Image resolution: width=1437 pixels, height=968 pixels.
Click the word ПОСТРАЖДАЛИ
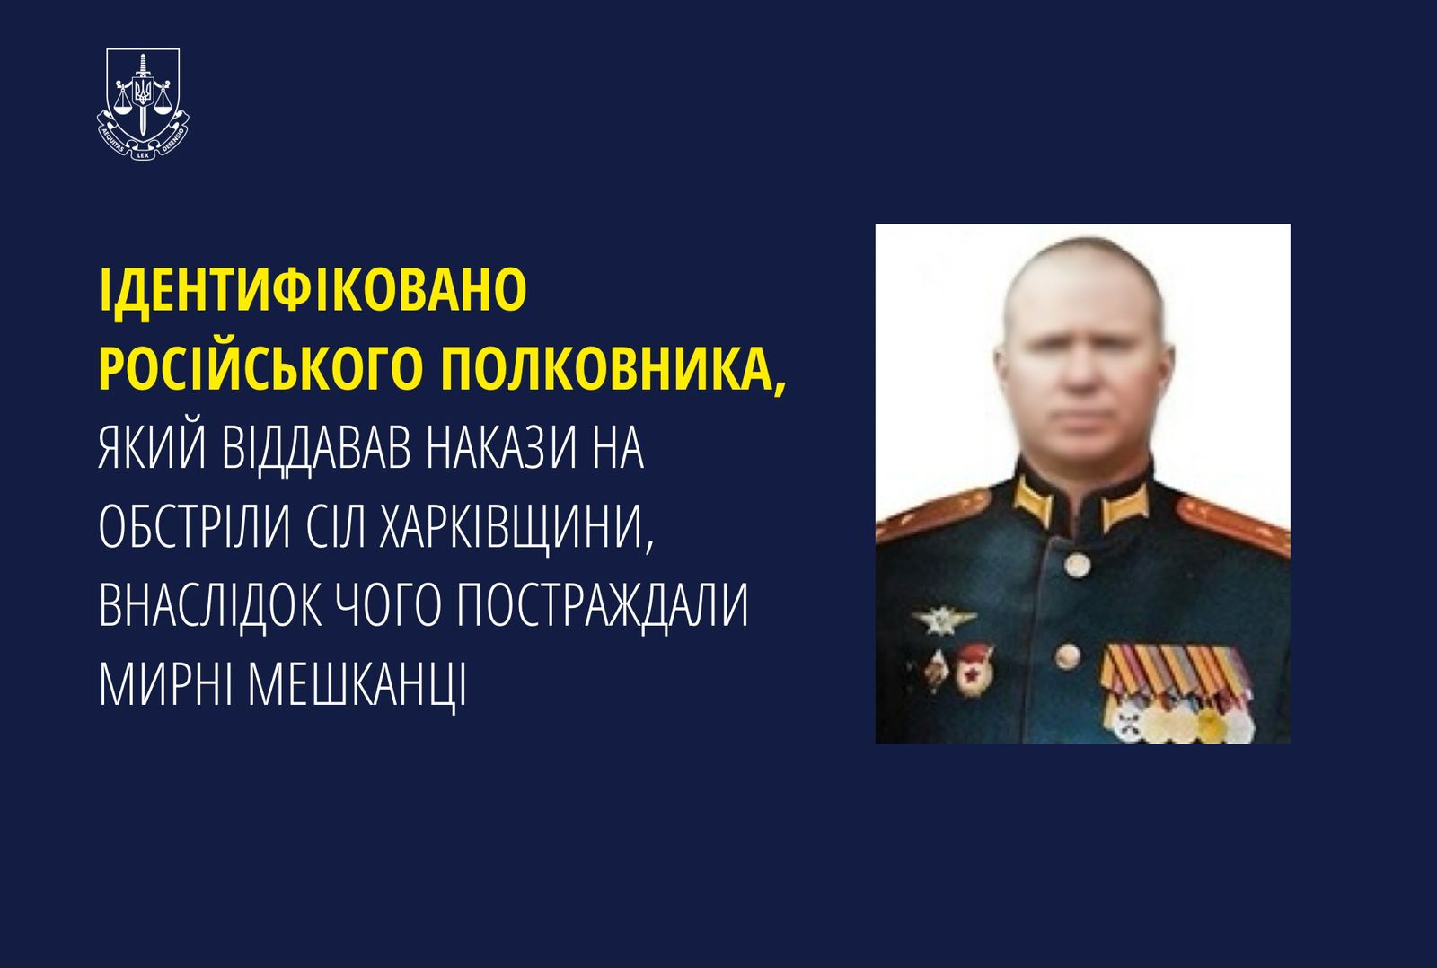603,605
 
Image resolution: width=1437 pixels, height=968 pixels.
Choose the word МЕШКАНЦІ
357,685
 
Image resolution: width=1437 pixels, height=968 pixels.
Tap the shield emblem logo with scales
143,104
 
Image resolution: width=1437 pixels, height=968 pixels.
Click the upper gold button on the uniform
1076,565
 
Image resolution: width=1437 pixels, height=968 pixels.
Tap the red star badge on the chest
974,673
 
